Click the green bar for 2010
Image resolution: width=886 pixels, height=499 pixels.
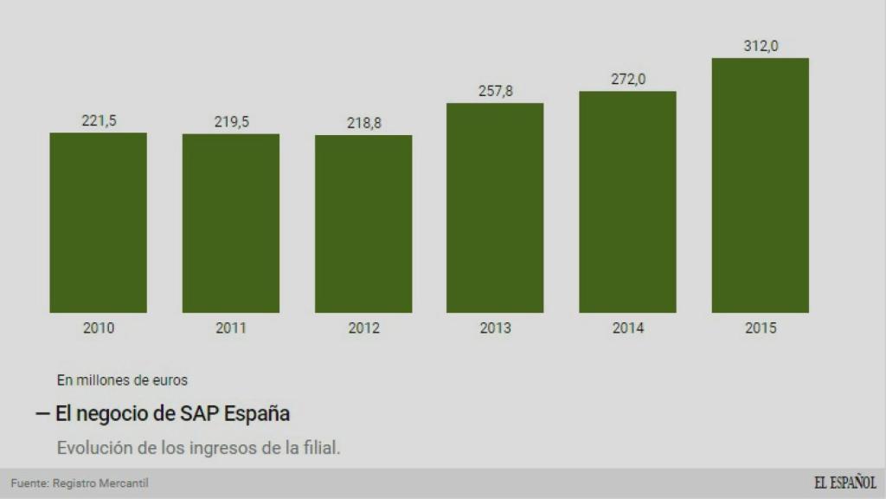(98, 223)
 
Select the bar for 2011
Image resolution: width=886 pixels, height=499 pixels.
(231, 224)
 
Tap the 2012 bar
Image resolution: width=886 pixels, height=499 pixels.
(363, 224)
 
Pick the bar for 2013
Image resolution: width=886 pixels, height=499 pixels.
(495, 208)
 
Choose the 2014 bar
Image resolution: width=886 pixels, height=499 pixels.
(627, 202)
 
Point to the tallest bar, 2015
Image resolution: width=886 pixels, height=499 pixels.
(760, 185)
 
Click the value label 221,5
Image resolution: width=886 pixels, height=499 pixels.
(99, 121)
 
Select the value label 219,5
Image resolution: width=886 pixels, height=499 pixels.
(231, 122)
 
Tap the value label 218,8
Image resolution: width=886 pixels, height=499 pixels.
(363, 124)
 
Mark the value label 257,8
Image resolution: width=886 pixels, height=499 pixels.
(496, 91)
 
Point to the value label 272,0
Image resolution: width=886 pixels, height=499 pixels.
(628, 79)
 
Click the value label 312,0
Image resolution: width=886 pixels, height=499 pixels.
(761, 46)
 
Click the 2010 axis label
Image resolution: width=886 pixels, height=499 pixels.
(99, 328)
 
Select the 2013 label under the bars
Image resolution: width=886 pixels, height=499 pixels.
(496, 328)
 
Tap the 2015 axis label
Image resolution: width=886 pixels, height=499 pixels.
(761, 328)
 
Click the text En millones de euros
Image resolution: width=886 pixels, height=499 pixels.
(122, 379)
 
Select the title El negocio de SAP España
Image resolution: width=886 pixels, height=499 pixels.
(172, 414)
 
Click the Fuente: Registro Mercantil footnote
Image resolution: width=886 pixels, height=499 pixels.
(74, 483)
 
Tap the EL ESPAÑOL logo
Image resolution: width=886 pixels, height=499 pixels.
(844, 483)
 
